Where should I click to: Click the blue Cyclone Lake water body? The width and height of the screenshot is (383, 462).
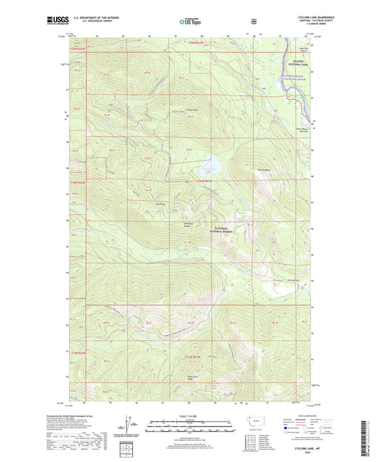209,164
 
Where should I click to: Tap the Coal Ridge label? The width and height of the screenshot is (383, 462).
152,203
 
